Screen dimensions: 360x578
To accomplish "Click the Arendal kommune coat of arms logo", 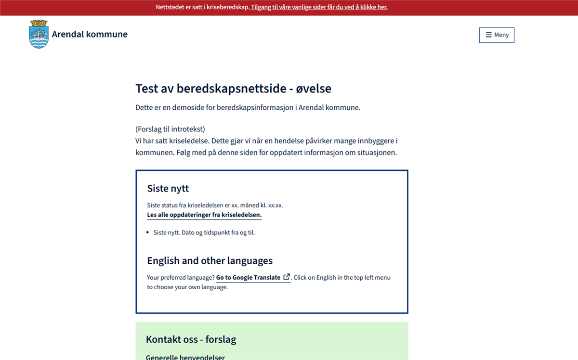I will (x=39, y=34).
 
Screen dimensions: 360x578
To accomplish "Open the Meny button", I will (x=497, y=35).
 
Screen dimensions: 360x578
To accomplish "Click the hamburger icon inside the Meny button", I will (x=488, y=35).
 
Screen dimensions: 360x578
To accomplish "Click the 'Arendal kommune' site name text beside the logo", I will (x=90, y=34).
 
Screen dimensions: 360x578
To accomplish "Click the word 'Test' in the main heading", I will (x=146, y=89).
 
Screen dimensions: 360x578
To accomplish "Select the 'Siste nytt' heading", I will (x=168, y=188).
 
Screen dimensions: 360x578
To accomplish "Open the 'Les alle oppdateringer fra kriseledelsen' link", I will (x=204, y=215).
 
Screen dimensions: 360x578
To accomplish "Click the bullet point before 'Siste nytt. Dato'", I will (x=148, y=233).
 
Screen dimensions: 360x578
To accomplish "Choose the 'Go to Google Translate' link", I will (x=248, y=278).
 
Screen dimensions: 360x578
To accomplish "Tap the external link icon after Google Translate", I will (x=287, y=277).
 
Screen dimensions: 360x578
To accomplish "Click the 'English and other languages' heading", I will (x=210, y=261).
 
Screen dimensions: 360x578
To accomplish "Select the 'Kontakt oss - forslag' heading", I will (x=191, y=339).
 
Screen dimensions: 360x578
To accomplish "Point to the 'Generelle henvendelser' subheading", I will (x=185, y=357).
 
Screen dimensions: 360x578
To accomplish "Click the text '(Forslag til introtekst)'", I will (x=170, y=129).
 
